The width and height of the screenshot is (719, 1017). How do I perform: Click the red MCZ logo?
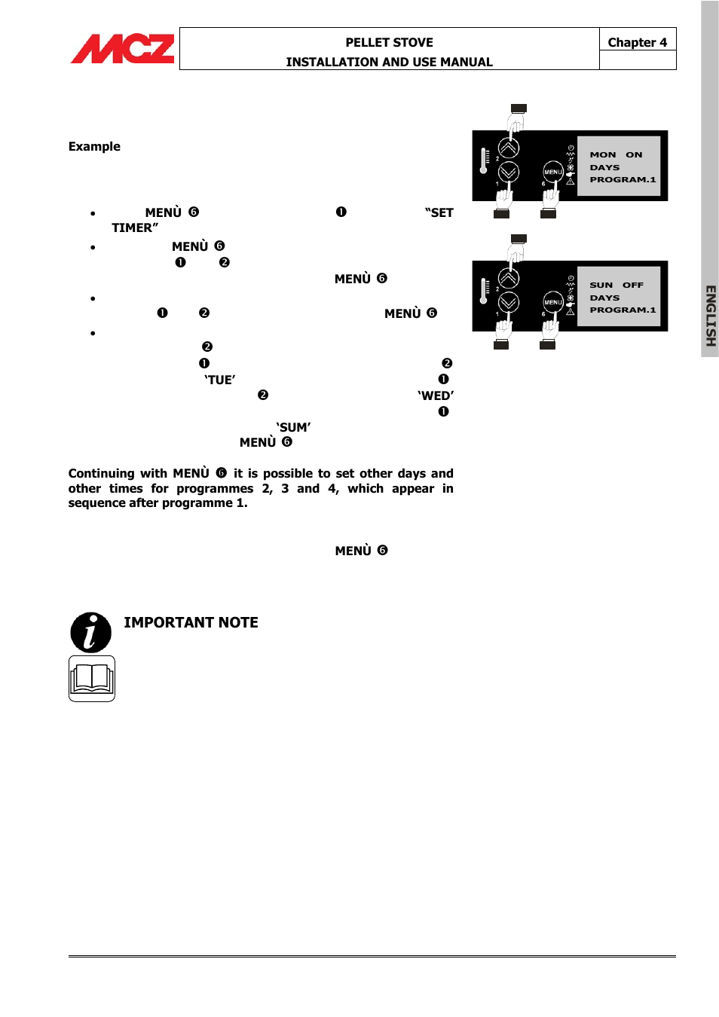[x=122, y=49]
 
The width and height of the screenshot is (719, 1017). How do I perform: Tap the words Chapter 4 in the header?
[x=637, y=42]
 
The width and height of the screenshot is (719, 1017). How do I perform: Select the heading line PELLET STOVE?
[x=389, y=42]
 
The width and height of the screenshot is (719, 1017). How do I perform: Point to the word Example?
[x=94, y=146]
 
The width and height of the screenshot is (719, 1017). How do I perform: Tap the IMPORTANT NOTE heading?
[x=191, y=622]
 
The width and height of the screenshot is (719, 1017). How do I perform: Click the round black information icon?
[x=90, y=632]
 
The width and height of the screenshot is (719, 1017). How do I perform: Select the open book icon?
[x=92, y=678]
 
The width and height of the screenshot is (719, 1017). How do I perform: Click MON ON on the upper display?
[x=616, y=154]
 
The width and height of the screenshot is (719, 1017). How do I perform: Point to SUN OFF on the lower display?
[x=616, y=285]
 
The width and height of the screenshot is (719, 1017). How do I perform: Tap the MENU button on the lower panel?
[x=553, y=302]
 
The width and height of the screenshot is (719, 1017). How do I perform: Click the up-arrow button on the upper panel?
[x=509, y=148]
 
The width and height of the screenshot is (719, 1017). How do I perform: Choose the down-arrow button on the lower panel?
[x=509, y=302]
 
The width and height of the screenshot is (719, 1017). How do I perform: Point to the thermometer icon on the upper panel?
[x=484, y=160]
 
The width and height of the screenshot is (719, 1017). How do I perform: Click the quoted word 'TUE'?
[x=220, y=380]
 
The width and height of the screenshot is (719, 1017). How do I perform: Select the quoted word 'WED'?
[x=436, y=395]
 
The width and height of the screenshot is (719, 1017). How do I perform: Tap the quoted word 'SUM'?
[x=293, y=427]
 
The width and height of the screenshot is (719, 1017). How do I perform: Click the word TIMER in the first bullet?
[x=133, y=228]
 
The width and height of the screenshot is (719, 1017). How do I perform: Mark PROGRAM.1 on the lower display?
[x=623, y=310]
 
